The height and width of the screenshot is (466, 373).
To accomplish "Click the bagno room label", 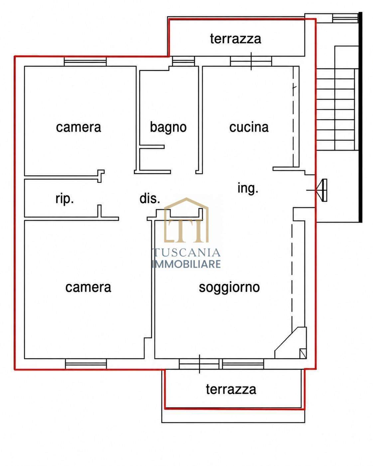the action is [x=168, y=127].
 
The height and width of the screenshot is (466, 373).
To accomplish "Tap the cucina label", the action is [x=249, y=127].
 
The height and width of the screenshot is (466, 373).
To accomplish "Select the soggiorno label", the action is [x=229, y=288].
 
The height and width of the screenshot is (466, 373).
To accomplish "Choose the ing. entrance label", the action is [x=248, y=188].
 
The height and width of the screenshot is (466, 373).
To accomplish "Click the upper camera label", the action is [x=78, y=127].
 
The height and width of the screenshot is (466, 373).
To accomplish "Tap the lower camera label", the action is [x=88, y=288].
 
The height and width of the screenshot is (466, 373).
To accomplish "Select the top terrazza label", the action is [x=235, y=39].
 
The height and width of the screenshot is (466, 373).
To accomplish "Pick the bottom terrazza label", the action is [x=231, y=389].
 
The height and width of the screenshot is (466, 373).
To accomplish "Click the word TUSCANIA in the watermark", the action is [x=186, y=252].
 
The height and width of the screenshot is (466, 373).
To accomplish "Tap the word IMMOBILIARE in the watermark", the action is [x=186, y=264].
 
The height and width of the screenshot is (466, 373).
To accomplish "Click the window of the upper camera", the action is [x=85, y=62].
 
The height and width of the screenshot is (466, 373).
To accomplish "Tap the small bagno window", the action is [x=184, y=61].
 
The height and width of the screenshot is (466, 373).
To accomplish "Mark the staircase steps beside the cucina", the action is [x=335, y=109].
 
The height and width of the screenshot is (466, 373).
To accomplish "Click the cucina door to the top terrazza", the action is [x=251, y=61].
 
